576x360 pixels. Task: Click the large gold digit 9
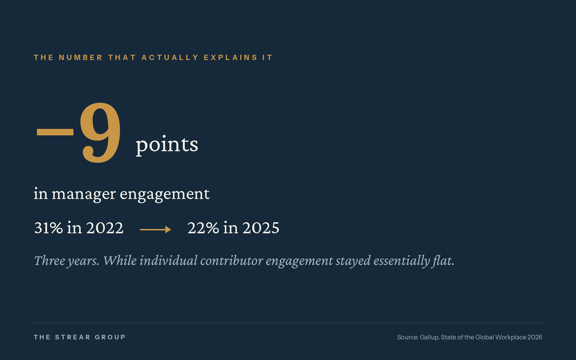pyautogui.click(x=100, y=132)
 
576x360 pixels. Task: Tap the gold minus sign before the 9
pyautogui.click(x=55, y=132)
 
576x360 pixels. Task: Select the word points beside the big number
pyautogui.click(x=167, y=145)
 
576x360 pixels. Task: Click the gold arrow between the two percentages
pyautogui.click(x=156, y=229)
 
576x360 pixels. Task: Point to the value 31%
pyautogui.click(x=48, y=228)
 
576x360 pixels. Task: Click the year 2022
pyautogui.click(x=105, y=228)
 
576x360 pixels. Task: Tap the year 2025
pyautogui.click(x=261, y=228)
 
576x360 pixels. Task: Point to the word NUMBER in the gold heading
pyautogui.click(x=81, y=57)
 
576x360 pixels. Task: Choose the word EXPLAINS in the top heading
pyautogui.click(x=231, y=57)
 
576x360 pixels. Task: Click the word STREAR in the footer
pyautogui.click(x=73, y=337)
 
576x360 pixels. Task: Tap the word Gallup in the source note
pyautogui.click(x=430, y=337)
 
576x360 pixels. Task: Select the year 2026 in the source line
pyautogui.click(x=535, y=337)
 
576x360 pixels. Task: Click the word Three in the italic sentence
pyautogui.click(x=49, y=261)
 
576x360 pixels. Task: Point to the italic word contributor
pyautogui.click(x=231, y=261)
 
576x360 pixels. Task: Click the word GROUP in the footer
pyautogui.click(x=110, y=337)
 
